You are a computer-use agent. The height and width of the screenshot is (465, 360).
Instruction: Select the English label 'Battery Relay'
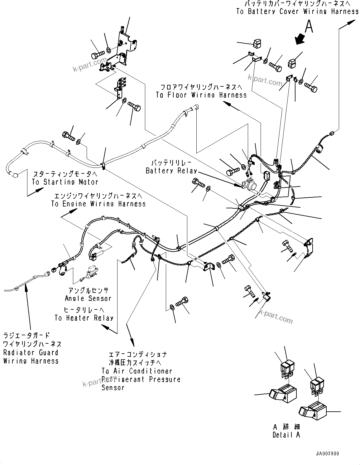click(171, 171)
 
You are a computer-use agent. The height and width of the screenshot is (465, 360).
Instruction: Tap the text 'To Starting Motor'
click(65, 182)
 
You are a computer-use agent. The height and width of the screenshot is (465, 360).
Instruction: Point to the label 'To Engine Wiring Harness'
click(98, 204)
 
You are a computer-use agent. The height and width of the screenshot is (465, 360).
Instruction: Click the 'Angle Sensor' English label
click(88, 298)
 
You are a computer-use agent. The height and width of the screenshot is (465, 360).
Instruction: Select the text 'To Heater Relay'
click(84, 318)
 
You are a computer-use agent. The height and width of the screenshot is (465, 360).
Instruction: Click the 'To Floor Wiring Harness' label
click(201, 95)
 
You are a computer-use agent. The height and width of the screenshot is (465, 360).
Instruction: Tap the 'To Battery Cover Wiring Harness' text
click(297, 12)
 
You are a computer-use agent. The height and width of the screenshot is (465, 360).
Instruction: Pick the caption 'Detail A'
click(286, 435)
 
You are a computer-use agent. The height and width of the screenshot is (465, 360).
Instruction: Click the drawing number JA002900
click(327, 454)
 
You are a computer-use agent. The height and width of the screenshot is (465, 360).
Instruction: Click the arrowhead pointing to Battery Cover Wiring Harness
click(352, 22)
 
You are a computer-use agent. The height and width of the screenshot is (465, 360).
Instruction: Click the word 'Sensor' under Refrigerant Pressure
click(113, 388)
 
